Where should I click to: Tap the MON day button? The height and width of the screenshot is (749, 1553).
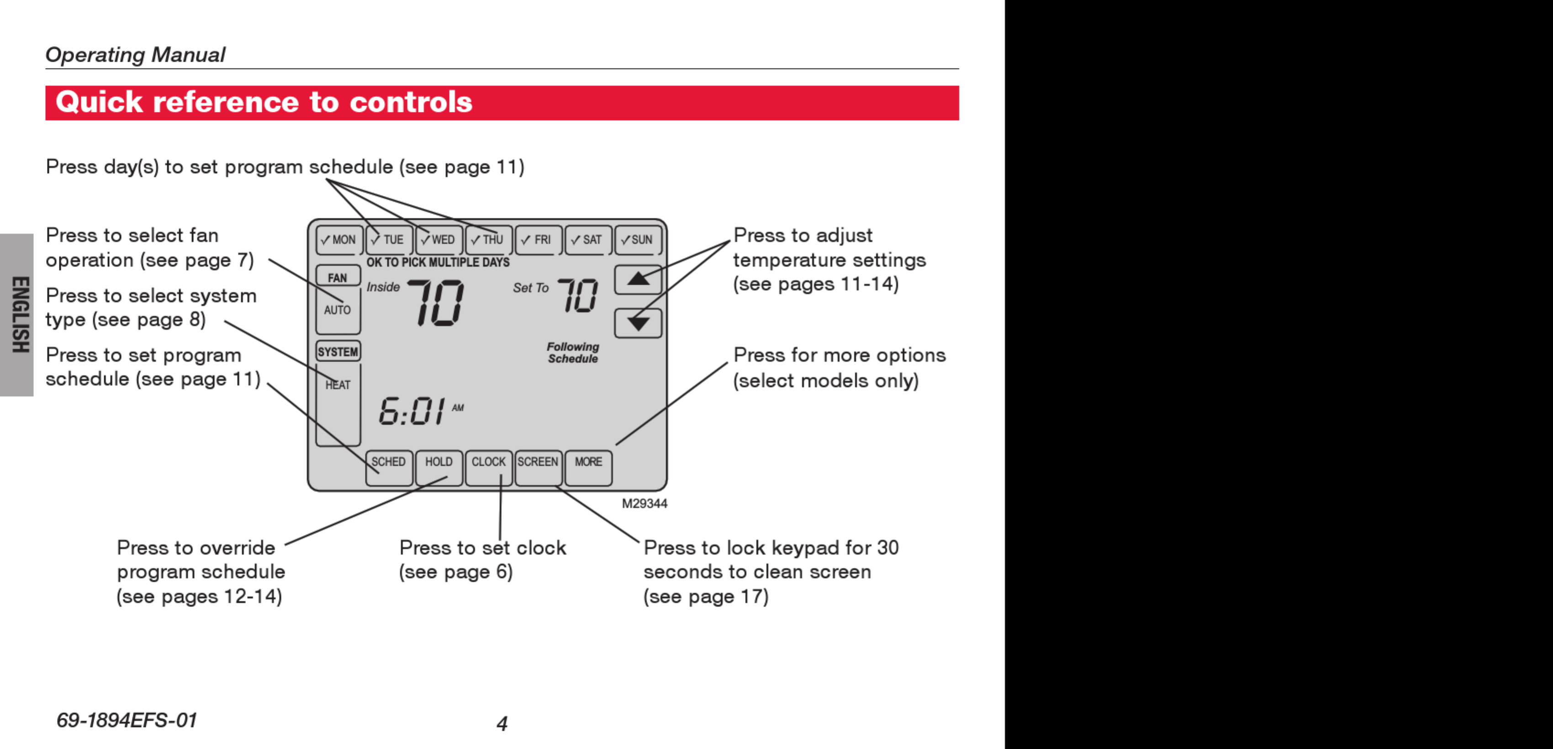pos(339,240)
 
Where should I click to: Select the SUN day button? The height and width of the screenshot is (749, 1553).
pos(638,240)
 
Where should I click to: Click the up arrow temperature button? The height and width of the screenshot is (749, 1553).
pos(638,280)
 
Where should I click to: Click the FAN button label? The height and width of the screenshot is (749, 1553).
pos(338,277)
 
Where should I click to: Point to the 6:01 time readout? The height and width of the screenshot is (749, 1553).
pos(413,411)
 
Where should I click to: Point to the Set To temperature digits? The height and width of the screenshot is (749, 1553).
pos(577,296)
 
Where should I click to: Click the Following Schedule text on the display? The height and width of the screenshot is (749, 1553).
pos(573,353)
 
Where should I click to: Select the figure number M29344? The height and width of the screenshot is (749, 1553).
pos(644,504)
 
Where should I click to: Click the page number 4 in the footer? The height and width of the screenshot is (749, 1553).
pos(502,723)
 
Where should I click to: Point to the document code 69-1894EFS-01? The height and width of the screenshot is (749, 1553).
pos(127,720)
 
